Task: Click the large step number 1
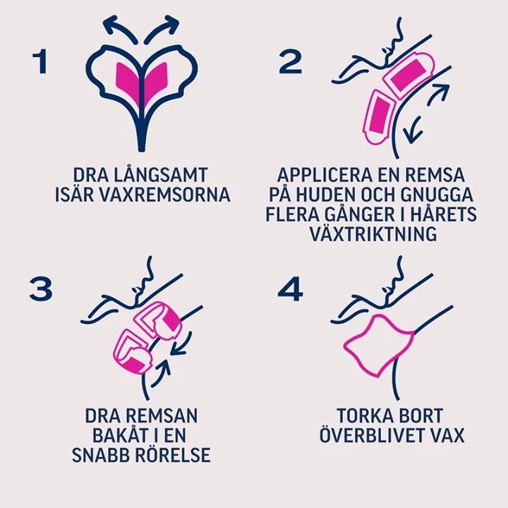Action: click(41, 61)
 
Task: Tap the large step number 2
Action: click(290, 61)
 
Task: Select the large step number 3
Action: click(41, 289)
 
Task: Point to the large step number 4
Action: click(290, 289)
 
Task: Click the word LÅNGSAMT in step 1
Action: click(161, 175)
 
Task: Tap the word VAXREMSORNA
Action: click(164, 195)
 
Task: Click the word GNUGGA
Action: click(437, 195)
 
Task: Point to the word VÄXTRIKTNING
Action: click(373, 234)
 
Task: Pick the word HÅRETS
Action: click(442, 214)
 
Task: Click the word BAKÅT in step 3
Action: click(120, 435)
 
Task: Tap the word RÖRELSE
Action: click(173, 454)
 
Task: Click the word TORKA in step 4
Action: click(361, 416)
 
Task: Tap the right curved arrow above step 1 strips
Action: click(162, 28)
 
